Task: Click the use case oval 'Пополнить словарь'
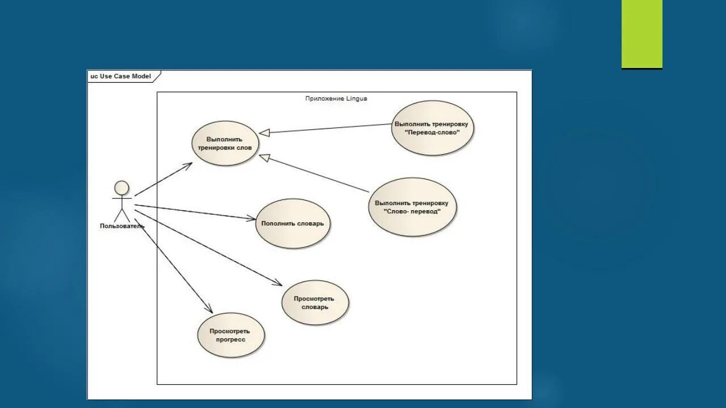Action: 293,223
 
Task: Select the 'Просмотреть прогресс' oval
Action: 231,335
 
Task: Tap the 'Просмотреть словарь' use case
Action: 315,303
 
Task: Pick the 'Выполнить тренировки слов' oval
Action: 225,143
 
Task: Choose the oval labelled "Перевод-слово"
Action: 433,128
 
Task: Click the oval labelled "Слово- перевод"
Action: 412,207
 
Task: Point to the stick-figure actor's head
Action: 122,188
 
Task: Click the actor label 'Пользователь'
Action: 122,226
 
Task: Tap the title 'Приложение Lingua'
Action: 336,99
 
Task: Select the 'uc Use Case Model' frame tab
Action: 121,76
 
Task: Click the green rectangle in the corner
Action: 641,34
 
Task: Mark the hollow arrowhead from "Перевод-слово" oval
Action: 264,133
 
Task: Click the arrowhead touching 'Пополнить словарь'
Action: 251,219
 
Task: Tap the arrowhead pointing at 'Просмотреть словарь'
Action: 277,283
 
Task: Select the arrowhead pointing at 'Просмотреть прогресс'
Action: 209,309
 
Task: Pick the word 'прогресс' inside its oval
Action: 230,339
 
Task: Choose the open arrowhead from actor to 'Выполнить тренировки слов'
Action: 188,164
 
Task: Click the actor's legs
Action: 122,215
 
